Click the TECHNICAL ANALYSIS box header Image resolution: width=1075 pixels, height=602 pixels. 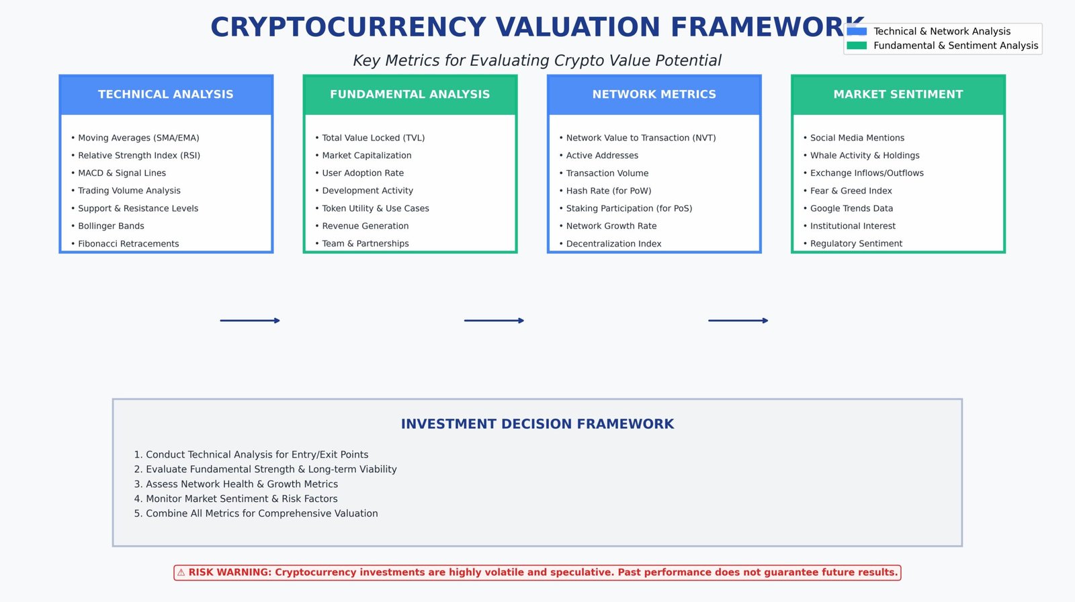(166, 95)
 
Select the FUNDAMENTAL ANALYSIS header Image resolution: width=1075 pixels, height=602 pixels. (410, 95)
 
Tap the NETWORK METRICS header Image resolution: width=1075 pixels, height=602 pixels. (654, 95)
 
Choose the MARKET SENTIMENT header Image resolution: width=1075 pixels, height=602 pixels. (898, 95)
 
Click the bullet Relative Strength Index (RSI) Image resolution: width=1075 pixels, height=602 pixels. (139, 155)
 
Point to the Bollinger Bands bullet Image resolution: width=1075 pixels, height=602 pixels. (111, 226)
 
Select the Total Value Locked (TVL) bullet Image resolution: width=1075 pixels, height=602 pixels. (373, 138)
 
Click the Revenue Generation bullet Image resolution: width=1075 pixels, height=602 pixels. (365, 226)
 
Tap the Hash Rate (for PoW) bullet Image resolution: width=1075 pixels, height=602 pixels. (609, 191)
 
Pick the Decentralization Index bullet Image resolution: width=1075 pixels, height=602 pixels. (613, 244)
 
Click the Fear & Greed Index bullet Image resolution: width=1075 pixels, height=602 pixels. (851, 191)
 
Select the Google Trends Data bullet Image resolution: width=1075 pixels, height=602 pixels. (851, 208)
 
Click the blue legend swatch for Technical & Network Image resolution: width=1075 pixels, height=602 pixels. (857, 32)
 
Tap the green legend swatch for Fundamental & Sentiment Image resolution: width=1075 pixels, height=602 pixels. (857, 46)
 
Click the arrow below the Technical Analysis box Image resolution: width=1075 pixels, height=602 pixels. (250, 320)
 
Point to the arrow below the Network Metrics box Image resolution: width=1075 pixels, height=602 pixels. (738, 320)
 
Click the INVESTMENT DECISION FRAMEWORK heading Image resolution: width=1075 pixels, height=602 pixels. (537, 424)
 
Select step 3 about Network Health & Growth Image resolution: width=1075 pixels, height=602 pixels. (236, 484)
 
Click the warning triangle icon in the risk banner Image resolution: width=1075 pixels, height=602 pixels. (181, 572)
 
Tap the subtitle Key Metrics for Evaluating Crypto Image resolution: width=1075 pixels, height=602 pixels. (537, 60)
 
